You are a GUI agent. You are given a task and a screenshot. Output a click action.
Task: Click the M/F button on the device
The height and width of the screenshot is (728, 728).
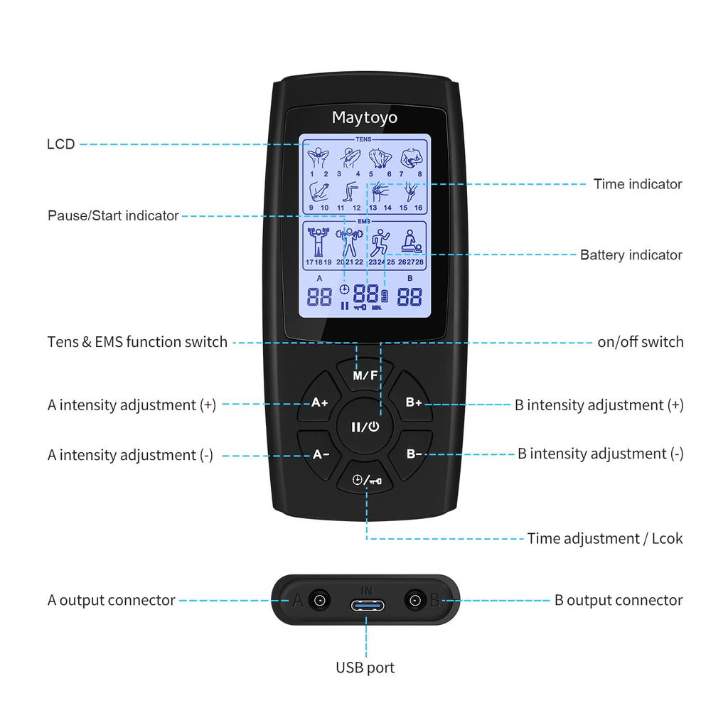tap(365, 375)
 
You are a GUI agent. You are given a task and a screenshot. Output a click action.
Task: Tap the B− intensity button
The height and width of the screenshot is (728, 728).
tap(414, 454)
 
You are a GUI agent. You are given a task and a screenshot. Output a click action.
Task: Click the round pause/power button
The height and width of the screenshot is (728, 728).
tap(365, 427)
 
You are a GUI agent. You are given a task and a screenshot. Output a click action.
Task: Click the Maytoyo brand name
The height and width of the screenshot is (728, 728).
tap(365, 117)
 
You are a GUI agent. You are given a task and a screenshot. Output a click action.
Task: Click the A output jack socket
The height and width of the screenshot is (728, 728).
tap(319, 601)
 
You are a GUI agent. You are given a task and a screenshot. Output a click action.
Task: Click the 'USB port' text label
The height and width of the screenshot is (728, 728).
tap(365, 668)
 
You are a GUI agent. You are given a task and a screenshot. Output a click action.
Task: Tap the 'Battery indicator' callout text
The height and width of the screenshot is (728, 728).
tap(631, 255)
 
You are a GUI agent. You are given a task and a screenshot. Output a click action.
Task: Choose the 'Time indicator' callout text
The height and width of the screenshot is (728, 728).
tap(638, 184)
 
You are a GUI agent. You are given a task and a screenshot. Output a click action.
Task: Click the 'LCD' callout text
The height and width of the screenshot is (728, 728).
tap(60, 144)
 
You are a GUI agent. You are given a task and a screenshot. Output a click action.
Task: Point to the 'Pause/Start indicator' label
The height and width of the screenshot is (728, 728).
tap(113, 215)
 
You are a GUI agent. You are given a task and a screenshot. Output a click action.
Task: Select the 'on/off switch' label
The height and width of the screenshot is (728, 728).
tap(640, 342)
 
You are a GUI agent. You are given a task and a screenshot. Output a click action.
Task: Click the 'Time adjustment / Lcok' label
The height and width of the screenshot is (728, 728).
tap(604, 538)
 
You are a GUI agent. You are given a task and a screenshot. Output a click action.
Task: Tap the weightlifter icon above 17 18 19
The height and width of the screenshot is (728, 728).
tap(318, 242)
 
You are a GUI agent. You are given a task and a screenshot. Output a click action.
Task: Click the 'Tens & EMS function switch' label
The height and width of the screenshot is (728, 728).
tap(137, 342)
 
